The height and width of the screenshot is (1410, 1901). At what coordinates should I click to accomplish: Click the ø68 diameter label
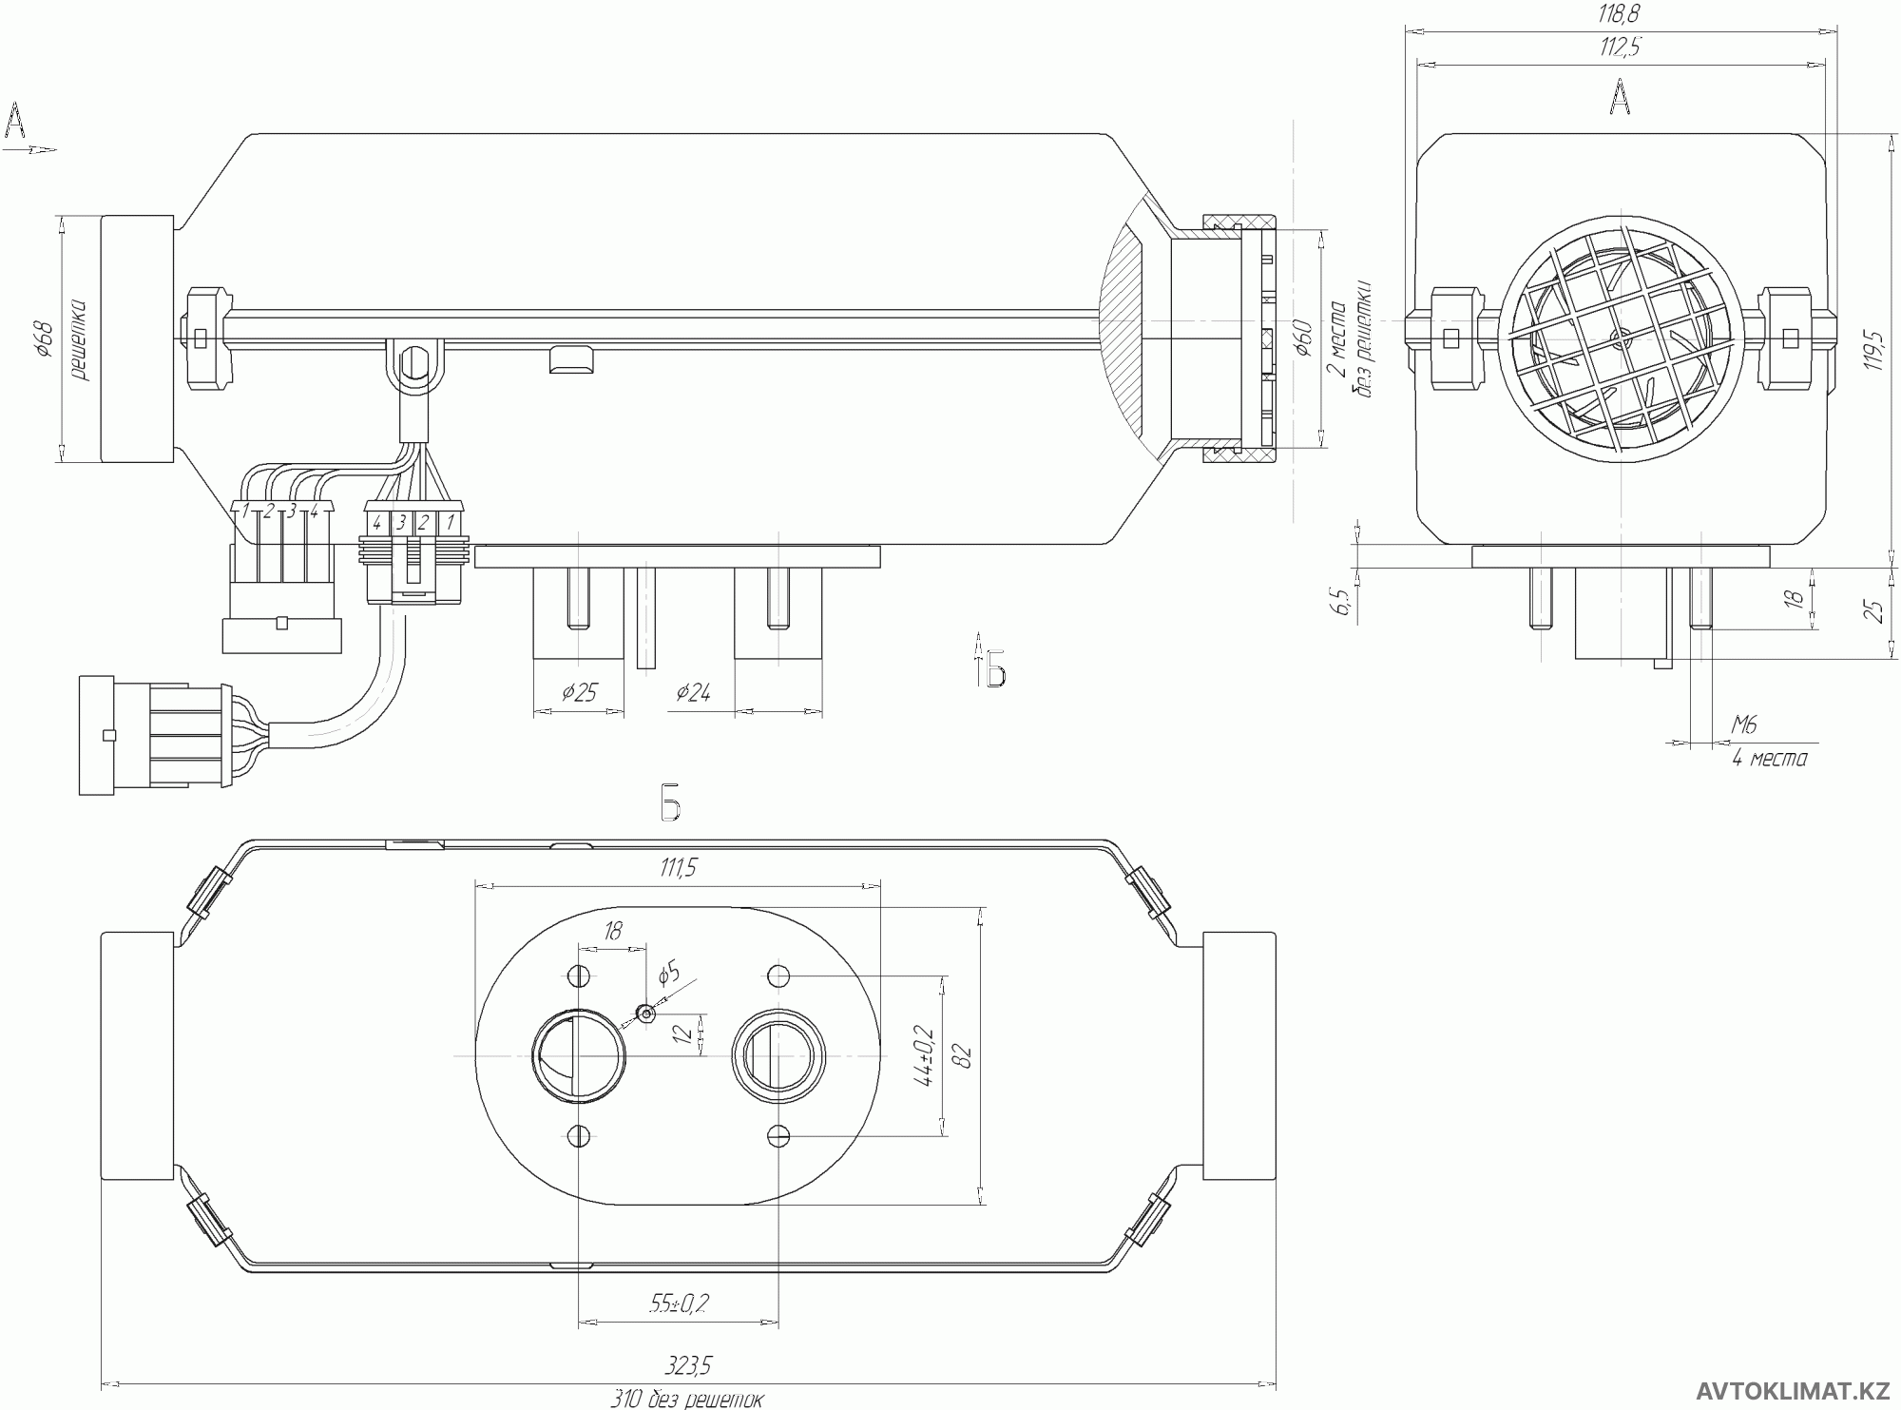[x=44, y=338]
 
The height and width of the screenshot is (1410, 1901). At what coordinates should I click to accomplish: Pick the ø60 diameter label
[x=1303, y=338]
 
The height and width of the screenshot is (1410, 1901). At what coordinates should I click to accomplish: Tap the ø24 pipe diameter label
[x=693, y=692]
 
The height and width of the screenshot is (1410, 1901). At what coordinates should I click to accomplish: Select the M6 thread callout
[x=1744, y=725]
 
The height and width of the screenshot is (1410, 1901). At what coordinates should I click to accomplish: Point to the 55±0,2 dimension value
[x=679, y=1304]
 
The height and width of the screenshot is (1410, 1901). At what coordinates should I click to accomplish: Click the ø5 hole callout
[x=669, y=973]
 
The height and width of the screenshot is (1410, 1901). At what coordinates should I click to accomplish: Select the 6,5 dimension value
[x=1342, y=602]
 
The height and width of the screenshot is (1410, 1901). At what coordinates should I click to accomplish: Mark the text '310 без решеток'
[x=686, y=1399]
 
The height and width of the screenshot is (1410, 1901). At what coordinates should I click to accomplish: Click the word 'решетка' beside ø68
[x=79, y=339]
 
